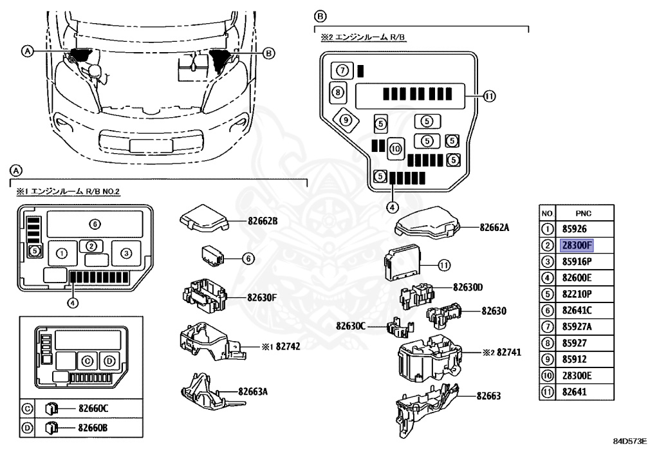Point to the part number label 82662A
494,227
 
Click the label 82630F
262,297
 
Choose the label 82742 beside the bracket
288,346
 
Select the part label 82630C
351,326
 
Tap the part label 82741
505,353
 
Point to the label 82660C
94,408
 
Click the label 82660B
94,426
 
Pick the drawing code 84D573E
629,441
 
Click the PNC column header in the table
583,213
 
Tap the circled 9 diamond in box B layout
346,120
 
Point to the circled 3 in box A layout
125,253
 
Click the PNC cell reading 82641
575,392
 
